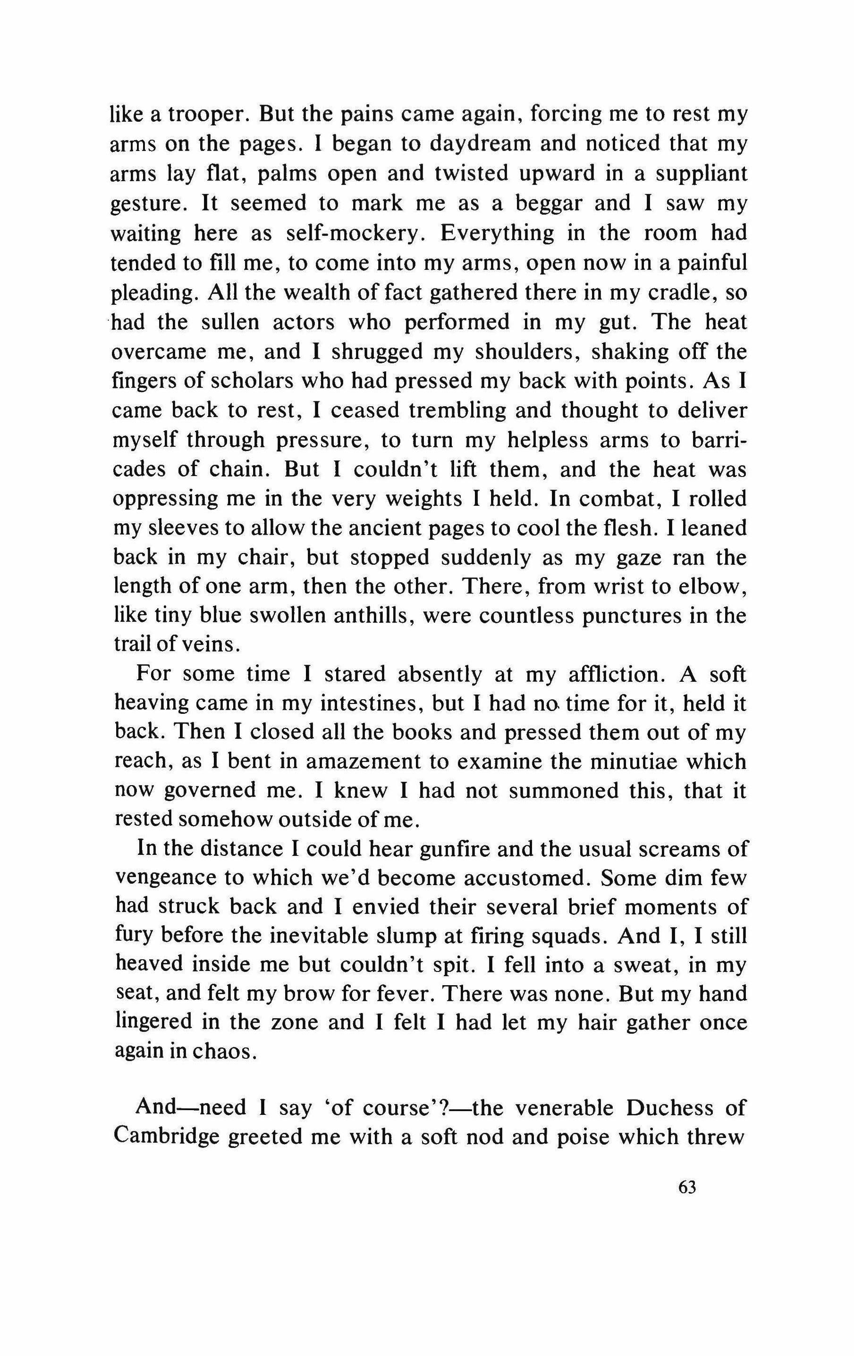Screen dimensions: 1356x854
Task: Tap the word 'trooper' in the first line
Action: coord(199,116)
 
